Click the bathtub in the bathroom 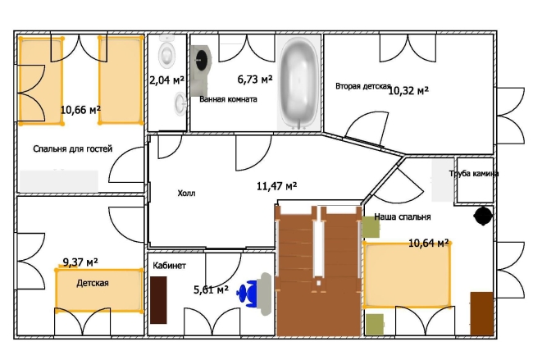tap(298, 83)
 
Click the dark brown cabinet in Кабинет tap(158, 300)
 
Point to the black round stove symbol tap(483, 216)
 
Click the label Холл tap(186, 194)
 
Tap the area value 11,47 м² tap(276, 186)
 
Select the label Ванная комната tap(228, 99)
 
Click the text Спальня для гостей tap(72, 149)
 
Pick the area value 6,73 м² tap(254, 80)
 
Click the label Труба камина tap(474, 173)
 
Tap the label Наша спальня tap(403, 216)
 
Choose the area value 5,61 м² tap(211, 289)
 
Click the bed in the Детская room tap(99, 290)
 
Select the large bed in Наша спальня tap(407, 275)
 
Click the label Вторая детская tap(363, 86)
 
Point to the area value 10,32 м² tap(408, 90)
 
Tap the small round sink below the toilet tap(180, 103)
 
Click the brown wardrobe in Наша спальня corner tap(481, 313)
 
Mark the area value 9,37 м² tap(80, 262)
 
